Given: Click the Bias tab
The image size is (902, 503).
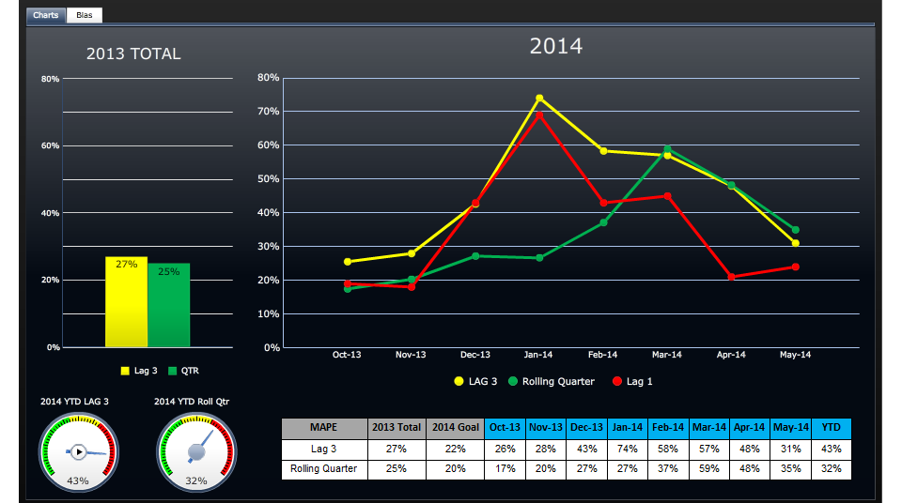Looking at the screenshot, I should pyautogui.click(x=85, y=15).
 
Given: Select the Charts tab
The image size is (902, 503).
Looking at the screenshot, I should pyautogui.click(x=46, y=15).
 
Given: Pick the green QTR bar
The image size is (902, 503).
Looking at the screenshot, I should pyautogui.click(x=168, y=305).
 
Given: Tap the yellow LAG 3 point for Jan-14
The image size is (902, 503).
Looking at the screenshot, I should pyautogui.click(x=539, y=98).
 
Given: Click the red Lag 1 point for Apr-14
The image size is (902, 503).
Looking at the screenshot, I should pyautogui.click(x=731, y=277).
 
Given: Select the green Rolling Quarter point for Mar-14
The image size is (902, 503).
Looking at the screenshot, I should pyautogui.click(x=667, y=148).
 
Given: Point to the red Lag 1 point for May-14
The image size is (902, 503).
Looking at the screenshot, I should pyautogui.click(x=795, y=267).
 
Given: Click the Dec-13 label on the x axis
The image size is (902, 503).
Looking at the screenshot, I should pyautogui.click(x=475, y=355).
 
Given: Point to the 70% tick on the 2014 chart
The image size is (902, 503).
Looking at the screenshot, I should pyautogui.click(x=269, y=112).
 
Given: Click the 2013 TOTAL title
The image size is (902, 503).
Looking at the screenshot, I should pyautogui.click(x=133, y=54).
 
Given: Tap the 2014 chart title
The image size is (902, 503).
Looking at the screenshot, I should pyautogui.click(x=556, y=46).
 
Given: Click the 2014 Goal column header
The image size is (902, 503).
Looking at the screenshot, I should pyautogui.click(x=455, y=428).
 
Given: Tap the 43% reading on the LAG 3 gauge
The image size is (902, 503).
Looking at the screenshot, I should pyautogui.click(x=77, y=481).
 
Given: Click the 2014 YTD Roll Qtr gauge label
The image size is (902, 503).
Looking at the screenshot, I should pyautogui.click(x=192, y=402).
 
